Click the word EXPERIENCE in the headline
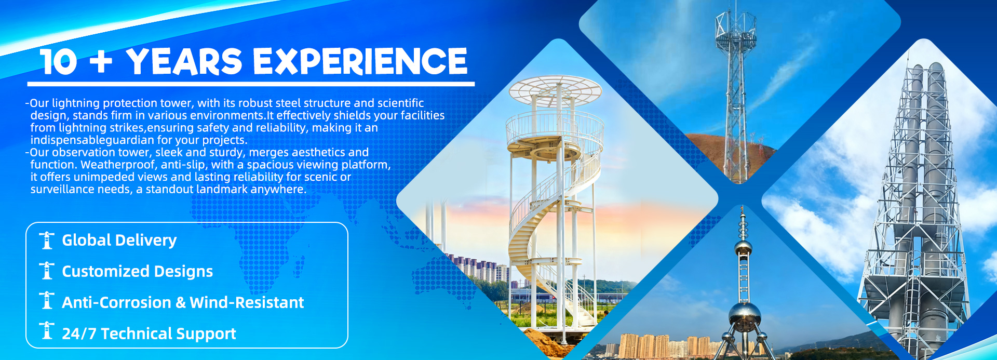pyautogui.click(x=360, y=61)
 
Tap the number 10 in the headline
pyautogui.click(x=58, y=62)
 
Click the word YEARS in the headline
pyautogui.click(x=184, y=61)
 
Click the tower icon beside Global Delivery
pyautogui.click(x=47, y=240)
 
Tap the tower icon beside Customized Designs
pyautogui.click(x=47, y=271)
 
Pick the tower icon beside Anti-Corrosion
pyautogui.click(x=47, y=301)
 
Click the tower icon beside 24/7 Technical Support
pyautogui.click(x=47, y=331)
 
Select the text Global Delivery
pyautogui.click(x=119, y=241)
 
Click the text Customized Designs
pyautogui.click(x=138, y=272)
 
